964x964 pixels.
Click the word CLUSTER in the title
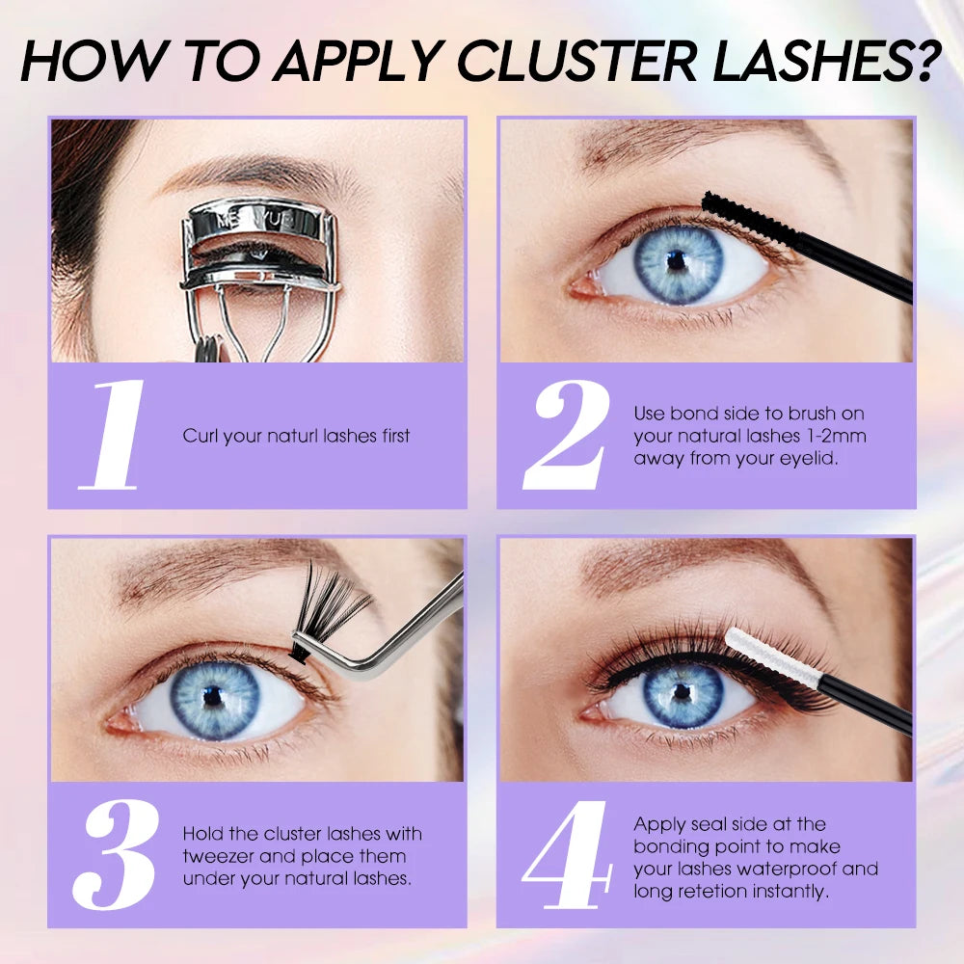[577, 60]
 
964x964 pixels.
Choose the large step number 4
[567, 854]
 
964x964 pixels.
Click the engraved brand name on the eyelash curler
[256, 221]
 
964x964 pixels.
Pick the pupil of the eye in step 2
[677, 261]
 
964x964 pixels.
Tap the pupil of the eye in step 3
[212, 696]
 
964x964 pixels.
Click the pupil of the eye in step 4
[682, 692]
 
